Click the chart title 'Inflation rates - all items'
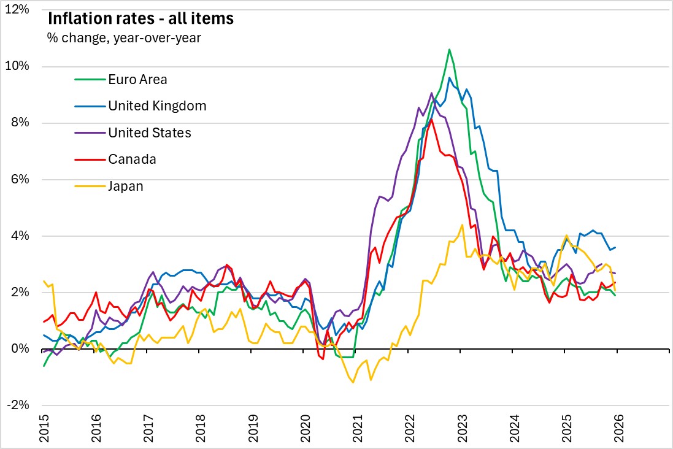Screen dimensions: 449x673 click(x=140, y=19)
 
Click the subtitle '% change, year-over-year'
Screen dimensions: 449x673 click(x=124, y=38)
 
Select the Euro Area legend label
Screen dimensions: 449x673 click(x=137, y=79)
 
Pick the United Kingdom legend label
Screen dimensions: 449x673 click(x=157, y=106)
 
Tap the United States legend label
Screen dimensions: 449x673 click(x=150, y=132)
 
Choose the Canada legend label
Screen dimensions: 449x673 click(x=132, y=159)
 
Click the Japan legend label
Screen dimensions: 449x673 click(x=126, y=186)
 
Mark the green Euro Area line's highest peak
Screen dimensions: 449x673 click(x=449, y=49)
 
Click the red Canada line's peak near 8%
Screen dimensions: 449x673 click(x=431, y=119)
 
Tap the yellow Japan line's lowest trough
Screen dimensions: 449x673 click(x=353, y=383)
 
